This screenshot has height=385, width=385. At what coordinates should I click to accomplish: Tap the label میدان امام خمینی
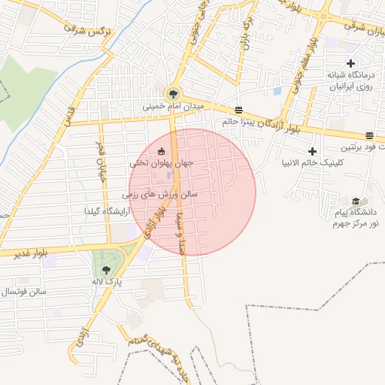click(x=174, y=108)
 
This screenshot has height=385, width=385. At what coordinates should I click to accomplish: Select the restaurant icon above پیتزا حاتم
click(x=239, y=109)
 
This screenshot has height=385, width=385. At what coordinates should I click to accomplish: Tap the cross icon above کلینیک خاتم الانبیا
click(x=312, y=151)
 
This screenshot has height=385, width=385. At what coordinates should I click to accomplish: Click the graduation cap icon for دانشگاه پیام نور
click(x=355, y=201)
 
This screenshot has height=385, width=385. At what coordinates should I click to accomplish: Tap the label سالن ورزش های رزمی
click(x=162, y=194)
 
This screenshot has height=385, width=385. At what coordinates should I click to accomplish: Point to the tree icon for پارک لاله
click(x=105, y=268)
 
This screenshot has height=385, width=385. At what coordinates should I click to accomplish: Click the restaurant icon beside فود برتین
click(x=369, y=135)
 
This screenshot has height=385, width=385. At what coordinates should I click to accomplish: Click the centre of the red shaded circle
click(x=192, y=192)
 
